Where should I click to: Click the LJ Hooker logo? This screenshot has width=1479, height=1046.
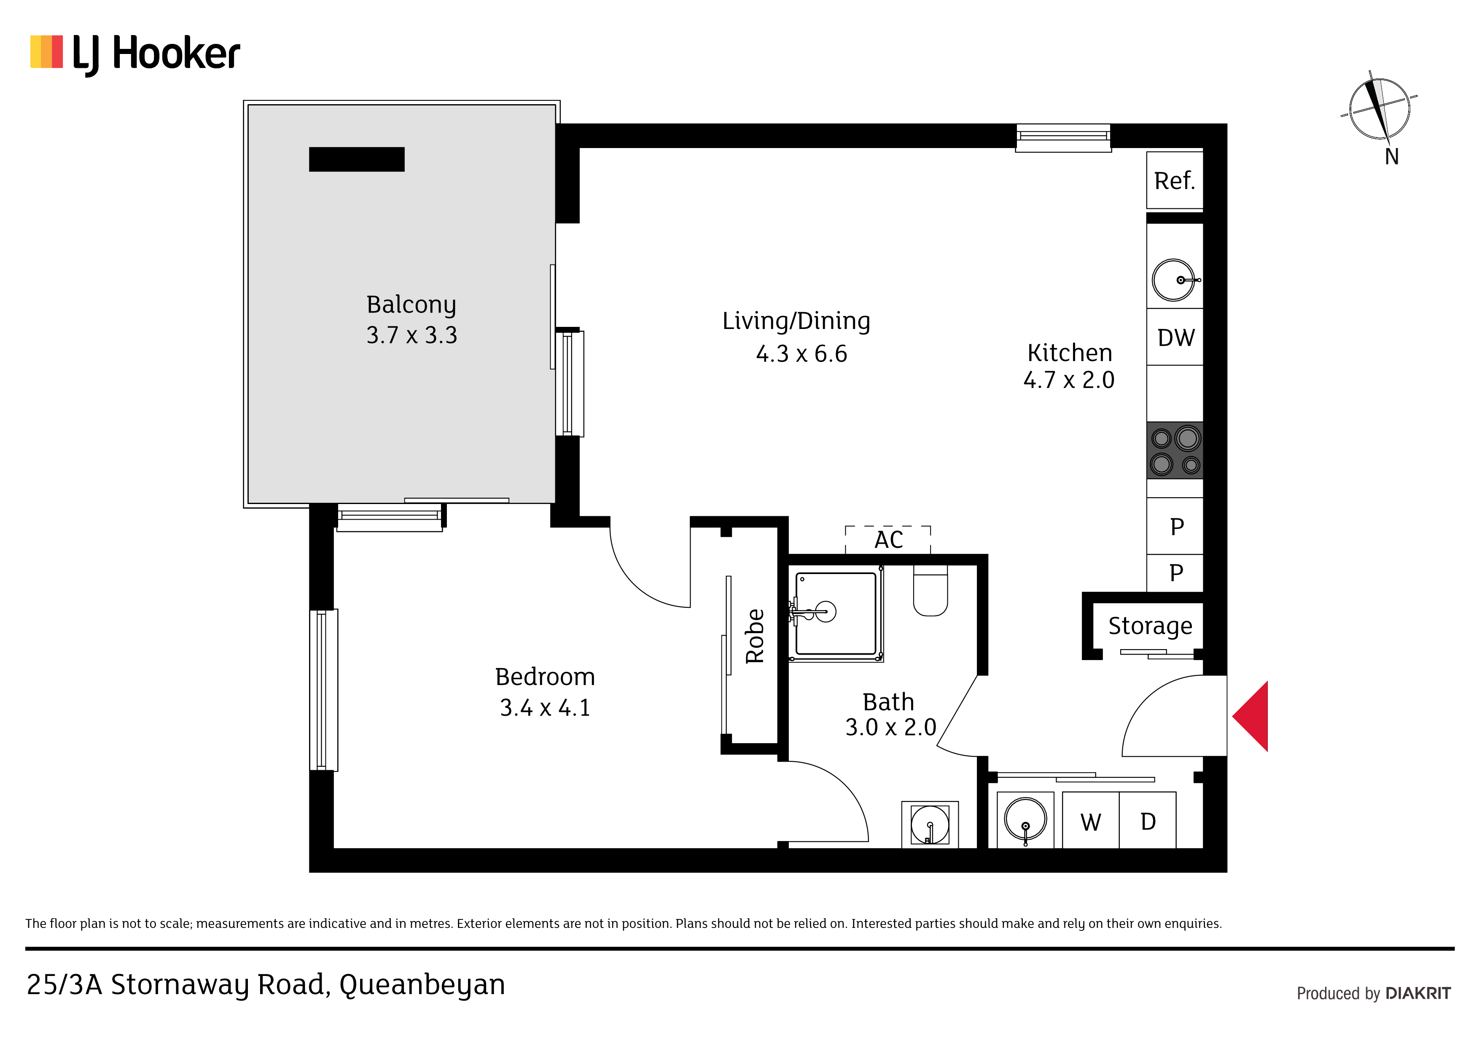point(135,54)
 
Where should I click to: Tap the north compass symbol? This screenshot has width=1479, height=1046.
point(1379,110)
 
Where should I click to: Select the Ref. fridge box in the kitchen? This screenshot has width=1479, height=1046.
point(1174,181)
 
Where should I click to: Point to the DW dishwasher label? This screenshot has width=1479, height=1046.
point(1175,338)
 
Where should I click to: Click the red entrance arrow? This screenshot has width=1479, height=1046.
point(1250,716)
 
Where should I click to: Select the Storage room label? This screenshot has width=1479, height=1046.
point(1150,626)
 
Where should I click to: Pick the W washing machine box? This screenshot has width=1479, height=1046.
point(1091,820)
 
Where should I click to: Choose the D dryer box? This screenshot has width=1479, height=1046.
point(1148,820)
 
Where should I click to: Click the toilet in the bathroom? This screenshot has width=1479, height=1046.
point(930,590)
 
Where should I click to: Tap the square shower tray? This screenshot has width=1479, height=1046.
point(836,614)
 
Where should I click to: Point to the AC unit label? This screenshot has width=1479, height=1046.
point(888,540)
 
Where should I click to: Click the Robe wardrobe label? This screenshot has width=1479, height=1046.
point(754,636)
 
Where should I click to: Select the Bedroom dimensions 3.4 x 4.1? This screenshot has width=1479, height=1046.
point(545,708)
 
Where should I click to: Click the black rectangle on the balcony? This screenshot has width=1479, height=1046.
point(357,159)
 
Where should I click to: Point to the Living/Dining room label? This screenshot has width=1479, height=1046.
point(796,321)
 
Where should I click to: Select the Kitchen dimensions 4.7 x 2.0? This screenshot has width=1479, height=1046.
point(1069,380)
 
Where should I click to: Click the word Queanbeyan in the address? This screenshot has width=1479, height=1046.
point(422,985)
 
